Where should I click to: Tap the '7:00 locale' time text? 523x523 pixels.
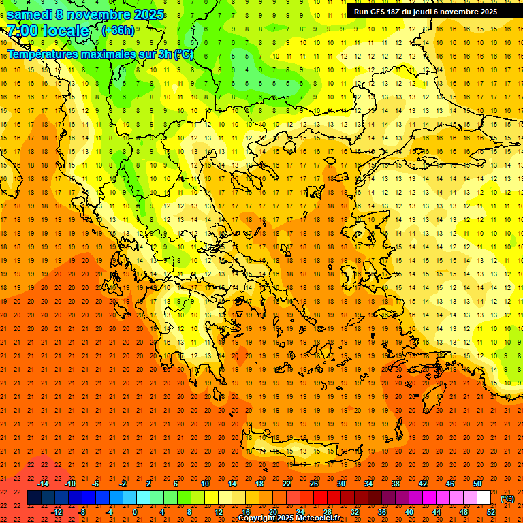click(x=48, y=31)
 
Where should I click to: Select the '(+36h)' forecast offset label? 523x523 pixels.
click(x=118, y=30)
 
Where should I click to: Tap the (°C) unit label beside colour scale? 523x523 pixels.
click(x=507, y=498)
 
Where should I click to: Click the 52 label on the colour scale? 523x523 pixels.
click(x=491, y=512)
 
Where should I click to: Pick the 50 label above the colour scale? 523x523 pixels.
click(x=477, y=484)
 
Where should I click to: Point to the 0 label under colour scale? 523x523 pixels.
click(x=135, y=512)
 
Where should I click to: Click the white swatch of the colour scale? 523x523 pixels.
click(x=484, y=498)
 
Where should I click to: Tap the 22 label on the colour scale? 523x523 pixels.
click(x=287, y=484)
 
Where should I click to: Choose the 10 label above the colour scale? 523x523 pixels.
click(x=205, y=484)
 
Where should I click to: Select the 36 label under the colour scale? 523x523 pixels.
click(x=381, y=512)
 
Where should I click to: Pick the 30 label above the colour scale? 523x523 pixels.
click(x=340, y=484)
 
